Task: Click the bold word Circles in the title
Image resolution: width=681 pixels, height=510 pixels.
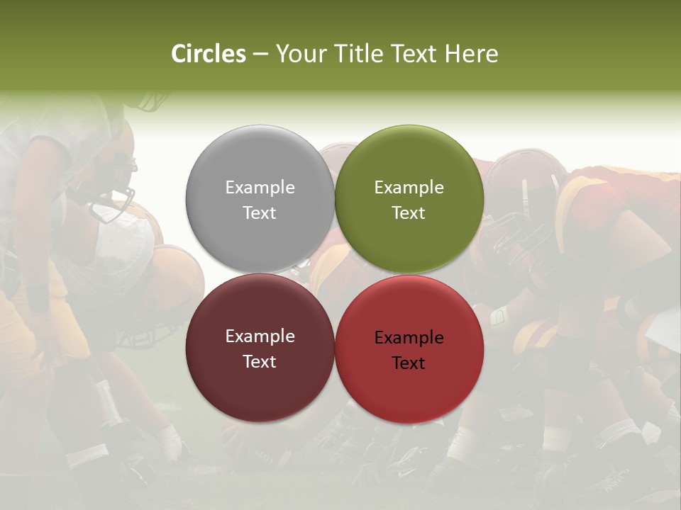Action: pyautogui.click(x=209, y=54)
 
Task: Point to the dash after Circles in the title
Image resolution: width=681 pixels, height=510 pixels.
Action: pyautogui.click(x=260, y=55)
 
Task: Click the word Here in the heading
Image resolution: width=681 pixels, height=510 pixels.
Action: pyautogui.click(x=472, y=54)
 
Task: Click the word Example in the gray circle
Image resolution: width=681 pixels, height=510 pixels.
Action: pyautogui.click(x=260, y=188)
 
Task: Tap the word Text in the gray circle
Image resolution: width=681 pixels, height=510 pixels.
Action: pyautogui.click(x=260, y=212)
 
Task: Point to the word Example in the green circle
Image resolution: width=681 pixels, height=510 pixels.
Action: pyautogui.click(x=409, y=188)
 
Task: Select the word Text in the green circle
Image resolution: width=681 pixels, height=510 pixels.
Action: pyautogui.click(x=409, y=212)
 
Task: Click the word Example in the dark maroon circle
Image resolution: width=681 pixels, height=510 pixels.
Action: pyautogui.click(x=260, y=336)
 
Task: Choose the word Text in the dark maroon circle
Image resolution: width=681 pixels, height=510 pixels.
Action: pyautogui.click(x=260, y=361)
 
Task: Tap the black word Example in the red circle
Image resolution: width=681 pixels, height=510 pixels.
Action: pyautogui.click(x=409, y=338)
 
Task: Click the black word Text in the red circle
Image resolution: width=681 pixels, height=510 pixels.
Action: pyautogui.click(x=409, y=363)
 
